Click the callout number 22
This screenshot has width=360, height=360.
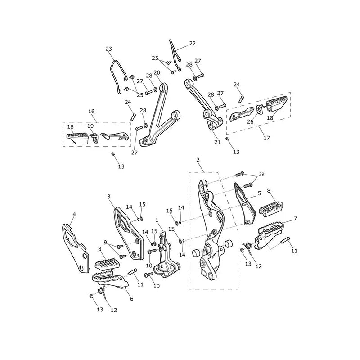193,43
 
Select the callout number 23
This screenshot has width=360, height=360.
108,49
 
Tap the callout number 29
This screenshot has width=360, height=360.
261,175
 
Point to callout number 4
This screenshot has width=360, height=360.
74,215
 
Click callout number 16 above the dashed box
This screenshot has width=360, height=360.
91,111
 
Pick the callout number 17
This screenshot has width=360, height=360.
267,138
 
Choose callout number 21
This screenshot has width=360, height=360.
217,142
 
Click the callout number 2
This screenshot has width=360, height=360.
198,160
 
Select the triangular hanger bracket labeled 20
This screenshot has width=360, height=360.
160,115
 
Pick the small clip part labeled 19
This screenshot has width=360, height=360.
94,138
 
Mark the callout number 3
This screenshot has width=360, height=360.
109,197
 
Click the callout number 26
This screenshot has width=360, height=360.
250,121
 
